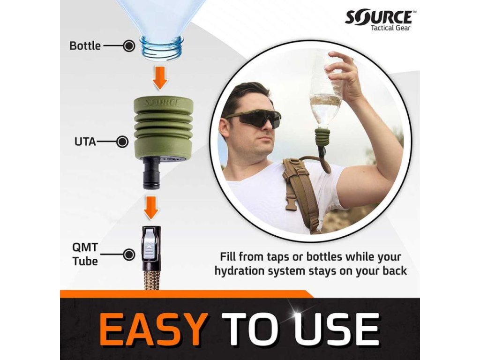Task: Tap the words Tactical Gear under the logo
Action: [390, 28]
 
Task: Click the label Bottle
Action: [85, 46]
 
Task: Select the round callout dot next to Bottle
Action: [129, 46]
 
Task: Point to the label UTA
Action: [85, 142]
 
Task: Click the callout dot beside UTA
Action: [123, 142]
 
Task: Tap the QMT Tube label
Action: [85, 254]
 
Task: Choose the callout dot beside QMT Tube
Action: [129, 255]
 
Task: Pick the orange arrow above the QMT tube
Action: [151, 208]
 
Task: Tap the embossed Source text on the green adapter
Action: [162, 103]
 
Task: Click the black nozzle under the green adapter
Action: [151, 173]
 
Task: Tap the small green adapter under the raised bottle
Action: [322, 135]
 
